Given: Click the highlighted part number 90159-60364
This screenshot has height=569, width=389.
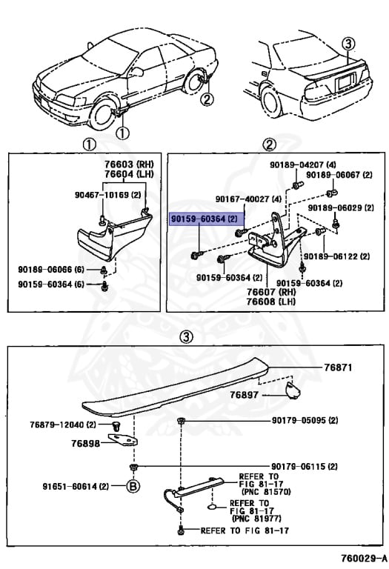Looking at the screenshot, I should pos(202,220).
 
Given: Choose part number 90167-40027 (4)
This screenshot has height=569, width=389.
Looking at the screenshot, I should pos(248,199).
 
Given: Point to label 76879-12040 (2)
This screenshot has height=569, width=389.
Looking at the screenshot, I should pos(63,424).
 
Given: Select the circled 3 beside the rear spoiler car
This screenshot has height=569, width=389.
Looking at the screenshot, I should pos(349,44).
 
